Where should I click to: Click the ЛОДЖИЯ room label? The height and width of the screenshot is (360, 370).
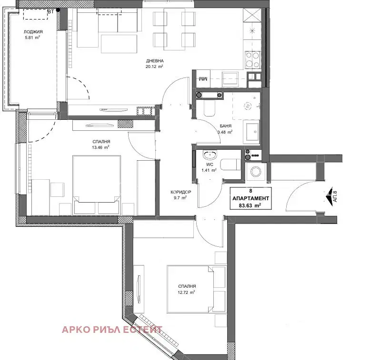(33, 32)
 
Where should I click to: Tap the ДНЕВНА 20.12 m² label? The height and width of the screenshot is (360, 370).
(155, 64)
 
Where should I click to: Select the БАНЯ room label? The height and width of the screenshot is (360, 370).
(225, 126)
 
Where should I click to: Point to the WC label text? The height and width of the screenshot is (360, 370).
(210, 165)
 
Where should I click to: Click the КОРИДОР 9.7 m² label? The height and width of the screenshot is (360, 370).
(181, 195)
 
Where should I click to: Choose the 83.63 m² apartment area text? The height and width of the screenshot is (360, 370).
(250, 205)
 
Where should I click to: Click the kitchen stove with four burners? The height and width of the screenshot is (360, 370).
(253, 59)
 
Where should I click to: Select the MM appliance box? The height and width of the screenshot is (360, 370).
(203, 79)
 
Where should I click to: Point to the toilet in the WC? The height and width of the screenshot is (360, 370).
(230, 164)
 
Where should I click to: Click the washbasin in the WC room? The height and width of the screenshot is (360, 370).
(210, 156)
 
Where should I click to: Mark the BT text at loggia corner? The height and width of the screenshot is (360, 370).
(51, 11)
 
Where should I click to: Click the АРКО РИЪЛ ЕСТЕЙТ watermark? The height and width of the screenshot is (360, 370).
(112, 330)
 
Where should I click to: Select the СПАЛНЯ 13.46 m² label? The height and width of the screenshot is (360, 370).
(101, 145)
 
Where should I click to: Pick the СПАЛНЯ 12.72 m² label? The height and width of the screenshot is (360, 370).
(187, 289)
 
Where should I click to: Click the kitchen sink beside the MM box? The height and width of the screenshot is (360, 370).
(230, 79)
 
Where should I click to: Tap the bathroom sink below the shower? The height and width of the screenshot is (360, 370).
(251, 131)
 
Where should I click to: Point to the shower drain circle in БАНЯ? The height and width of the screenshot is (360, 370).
(248, 106)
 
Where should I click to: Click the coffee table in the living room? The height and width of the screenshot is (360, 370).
(119, 44)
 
